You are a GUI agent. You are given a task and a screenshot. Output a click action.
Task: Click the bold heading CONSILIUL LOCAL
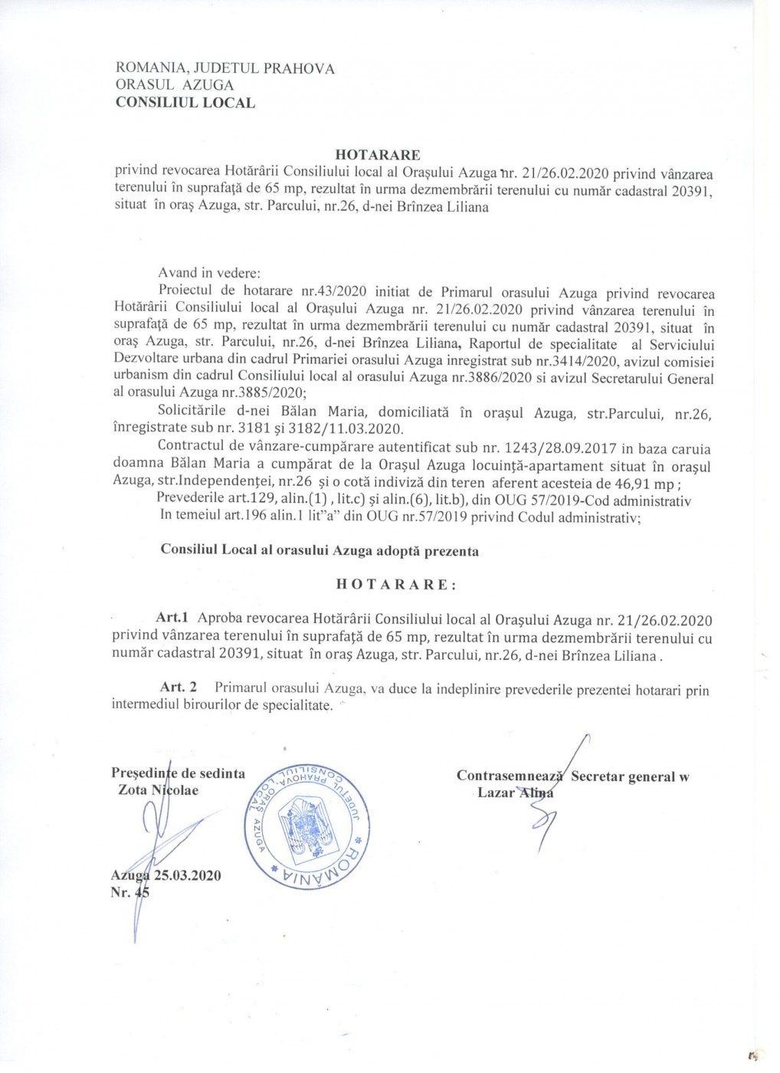[x=185, y=103]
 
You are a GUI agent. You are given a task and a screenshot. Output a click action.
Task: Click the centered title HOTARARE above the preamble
[x=378, y=156]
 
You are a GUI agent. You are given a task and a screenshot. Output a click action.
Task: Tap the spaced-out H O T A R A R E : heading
[x=396, y=584]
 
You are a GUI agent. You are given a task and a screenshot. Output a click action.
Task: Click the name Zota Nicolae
[x=158, y=789]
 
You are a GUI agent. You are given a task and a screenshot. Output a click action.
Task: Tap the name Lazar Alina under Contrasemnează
[x=514, y=792]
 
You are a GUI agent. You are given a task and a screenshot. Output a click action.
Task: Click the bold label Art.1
[x=172, y=618]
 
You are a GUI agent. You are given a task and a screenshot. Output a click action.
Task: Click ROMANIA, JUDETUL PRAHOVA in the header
[x=224, y=68]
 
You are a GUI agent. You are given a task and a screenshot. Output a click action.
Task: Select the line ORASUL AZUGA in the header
[x=174, y=85]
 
